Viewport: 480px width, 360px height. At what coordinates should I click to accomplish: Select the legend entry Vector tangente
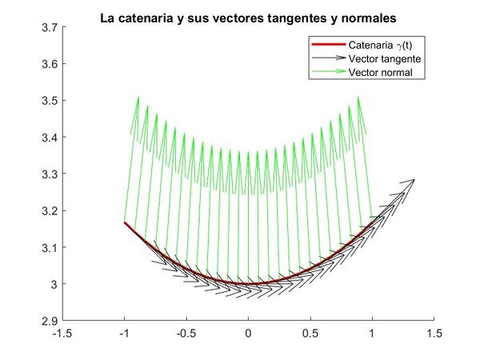pyautogui.click(x=379, y=59)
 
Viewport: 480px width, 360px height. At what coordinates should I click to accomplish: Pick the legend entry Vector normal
pyautogui.click(x=375, y=73)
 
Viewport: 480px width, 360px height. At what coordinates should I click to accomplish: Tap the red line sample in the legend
pyautogui.click(x=328, y=46)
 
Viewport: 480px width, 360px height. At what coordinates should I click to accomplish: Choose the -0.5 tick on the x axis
pyautogui.click(x=186, y=332)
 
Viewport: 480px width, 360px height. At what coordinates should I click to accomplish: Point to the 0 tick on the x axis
pyautogui.click(x=248, y=332)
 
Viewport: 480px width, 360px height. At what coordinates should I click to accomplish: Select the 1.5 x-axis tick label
pyautogui.click(x=434, y=332)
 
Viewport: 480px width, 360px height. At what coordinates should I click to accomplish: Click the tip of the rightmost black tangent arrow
pyautogui.click(x=415, y=180)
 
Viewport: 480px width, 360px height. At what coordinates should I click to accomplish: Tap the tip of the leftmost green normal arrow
pyautogui.click(x=138, y=97)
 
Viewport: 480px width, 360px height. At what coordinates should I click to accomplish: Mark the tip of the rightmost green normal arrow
pyautogui.click(x=358, y=97)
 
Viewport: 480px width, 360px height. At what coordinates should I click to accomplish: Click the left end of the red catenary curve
pyautogui.click(x=125, y=222)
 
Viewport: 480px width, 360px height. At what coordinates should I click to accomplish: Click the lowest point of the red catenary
pyautogui.click(x=248, y=284)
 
